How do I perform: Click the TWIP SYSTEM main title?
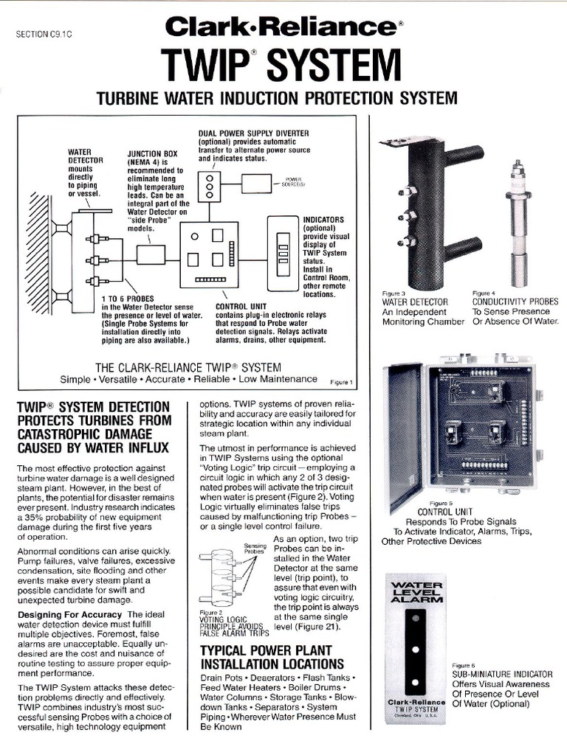(283, 68)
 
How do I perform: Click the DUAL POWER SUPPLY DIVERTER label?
(253, 133)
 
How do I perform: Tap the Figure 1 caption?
(342, 382)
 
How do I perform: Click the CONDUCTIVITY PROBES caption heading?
(515, 302)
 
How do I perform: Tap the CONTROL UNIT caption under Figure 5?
(445, 512)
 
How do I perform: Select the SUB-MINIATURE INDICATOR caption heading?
(502, 674)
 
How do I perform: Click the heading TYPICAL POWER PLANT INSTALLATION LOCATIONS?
(272, 657)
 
